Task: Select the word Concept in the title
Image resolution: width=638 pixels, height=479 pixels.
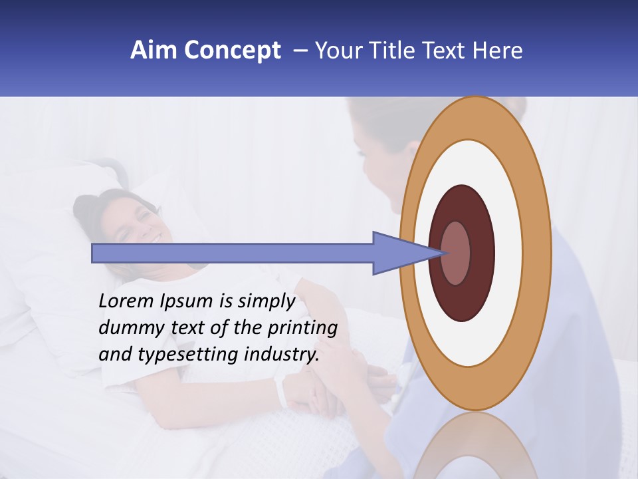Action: pyautogui.click(x=231, y=51)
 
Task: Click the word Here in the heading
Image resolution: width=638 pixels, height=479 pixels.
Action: pyautogui.click(x=498, y=51)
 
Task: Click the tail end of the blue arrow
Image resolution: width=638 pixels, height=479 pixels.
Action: pyautogui.click(x=94, y=253)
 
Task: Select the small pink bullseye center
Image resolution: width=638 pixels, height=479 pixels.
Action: pyautogui.click(x=456, y=253)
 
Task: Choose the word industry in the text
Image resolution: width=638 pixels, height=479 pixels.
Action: pyautogui.click(x=281, y=355)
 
